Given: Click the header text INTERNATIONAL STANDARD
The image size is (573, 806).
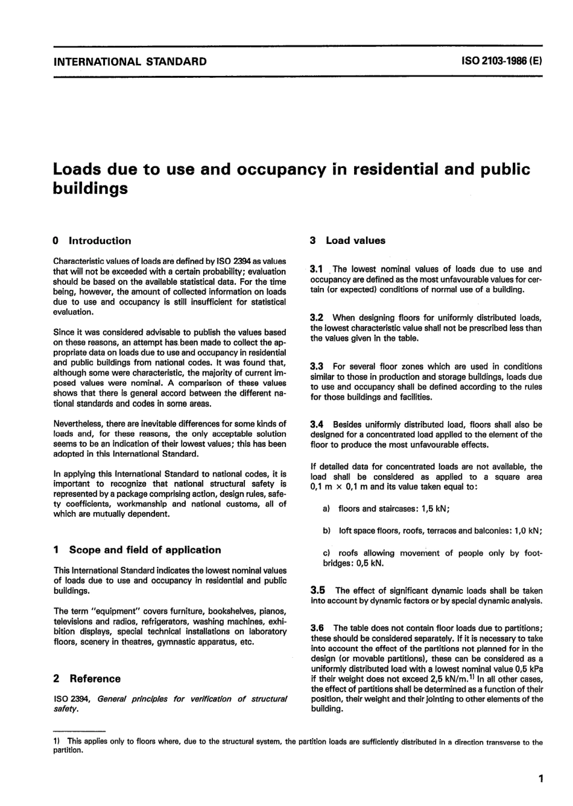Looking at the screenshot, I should pyautogui.click(x=130, y=61).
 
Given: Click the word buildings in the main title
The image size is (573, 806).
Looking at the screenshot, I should pyautogui.click(x=90, y=189).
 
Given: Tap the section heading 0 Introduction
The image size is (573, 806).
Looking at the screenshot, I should pyautogui.click(x=92, y=241).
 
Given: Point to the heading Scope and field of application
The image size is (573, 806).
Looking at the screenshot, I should pyautogui.click(x=145, y=550).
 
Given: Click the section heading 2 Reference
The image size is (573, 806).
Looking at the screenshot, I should pyautogui.click(x=87, y=679).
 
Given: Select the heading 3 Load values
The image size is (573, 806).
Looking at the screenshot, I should pyautogui.click(x=347, y=241).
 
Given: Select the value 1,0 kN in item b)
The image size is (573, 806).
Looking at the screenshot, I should pyautogui.click(x=527, y=531).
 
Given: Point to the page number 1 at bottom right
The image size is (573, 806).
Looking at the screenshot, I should pyautogui.click(x=540, y=779).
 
